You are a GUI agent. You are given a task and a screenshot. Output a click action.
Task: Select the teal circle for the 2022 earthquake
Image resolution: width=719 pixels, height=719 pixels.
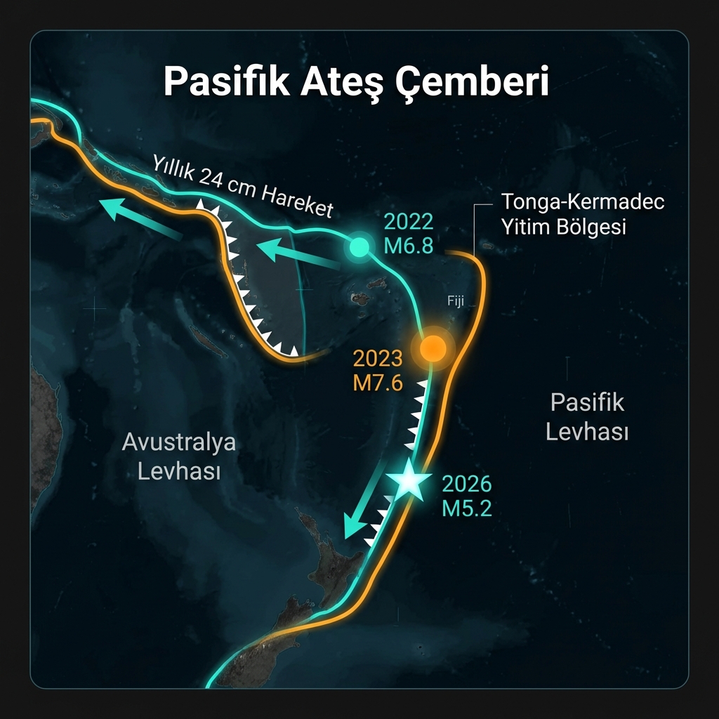click(359, 246)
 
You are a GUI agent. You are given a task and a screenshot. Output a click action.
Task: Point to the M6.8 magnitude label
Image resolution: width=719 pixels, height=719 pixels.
click(409, 246)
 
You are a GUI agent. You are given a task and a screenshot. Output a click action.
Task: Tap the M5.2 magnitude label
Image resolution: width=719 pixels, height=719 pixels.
click(467, 507)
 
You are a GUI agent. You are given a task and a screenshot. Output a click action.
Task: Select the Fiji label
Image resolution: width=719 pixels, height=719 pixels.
click(456, 301)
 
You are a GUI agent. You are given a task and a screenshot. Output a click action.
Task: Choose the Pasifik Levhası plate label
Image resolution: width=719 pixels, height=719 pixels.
click(587, 417)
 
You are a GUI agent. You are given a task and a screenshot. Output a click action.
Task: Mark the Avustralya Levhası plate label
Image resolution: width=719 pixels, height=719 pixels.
click(179, 456)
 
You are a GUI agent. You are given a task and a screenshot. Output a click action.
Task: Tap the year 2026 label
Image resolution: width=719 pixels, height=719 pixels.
click(467, 484)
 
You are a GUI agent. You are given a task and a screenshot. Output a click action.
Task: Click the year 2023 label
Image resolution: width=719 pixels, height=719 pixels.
click(378, 359)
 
